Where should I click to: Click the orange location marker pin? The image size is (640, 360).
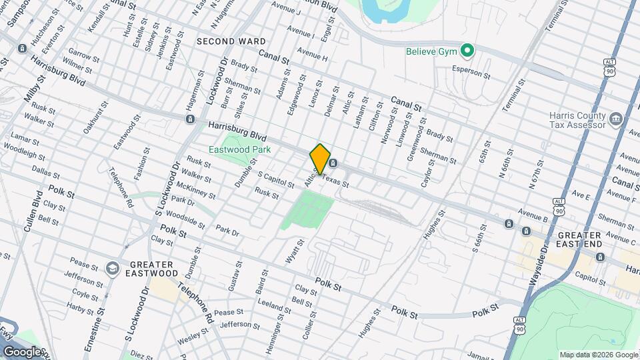[x=320, y=159]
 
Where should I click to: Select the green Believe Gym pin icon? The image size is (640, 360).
[x=468, y=51]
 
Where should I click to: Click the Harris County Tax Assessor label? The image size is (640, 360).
[x=577, y=119]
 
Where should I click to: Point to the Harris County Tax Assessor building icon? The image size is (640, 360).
[x=616, y=120]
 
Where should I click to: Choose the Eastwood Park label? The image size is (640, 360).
[x=239, y=149]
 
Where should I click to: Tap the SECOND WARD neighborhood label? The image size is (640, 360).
[x=231, y=41]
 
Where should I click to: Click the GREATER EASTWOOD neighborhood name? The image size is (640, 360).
[x=145, y=268]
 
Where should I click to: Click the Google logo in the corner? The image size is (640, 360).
[x=23, y=351]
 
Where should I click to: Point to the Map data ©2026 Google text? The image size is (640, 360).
[x=599, y=355]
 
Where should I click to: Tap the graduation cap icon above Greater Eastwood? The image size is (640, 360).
[x=112, y=268]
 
